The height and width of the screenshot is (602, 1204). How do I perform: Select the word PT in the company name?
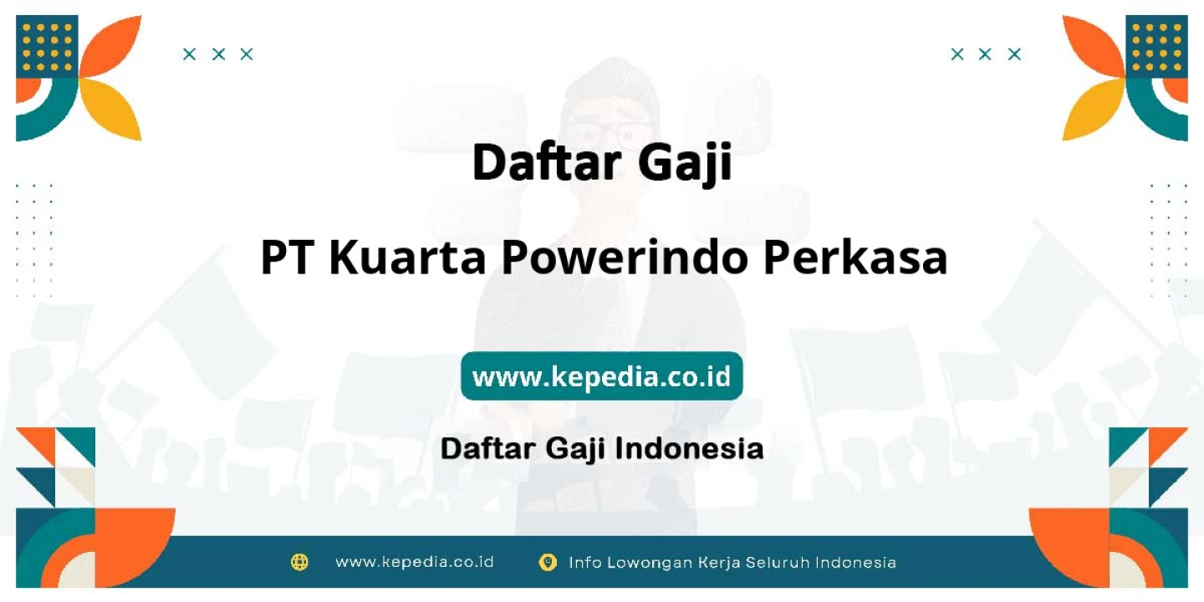tap(288, 258)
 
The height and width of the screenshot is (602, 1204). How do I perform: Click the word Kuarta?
tap(407, 258)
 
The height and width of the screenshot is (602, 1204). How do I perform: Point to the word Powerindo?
tap(625, 258)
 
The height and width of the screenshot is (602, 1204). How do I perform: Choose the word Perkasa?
tap(855, 258)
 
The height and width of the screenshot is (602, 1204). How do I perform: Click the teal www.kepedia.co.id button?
tap(601, 376)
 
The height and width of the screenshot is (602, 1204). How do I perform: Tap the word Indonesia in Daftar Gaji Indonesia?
tap(690, 448)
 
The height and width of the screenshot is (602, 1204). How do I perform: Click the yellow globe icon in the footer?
tap(299, 562)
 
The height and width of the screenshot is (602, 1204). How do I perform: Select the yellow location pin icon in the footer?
tap(548, 562)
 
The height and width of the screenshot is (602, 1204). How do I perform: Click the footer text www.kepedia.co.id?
tap(415, 562)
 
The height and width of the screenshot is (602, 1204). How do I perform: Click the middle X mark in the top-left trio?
tap(218, 54)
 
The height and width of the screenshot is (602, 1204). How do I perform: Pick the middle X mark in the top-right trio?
tap(985, 54)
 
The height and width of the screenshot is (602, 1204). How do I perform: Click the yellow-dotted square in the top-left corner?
tap(47, 47)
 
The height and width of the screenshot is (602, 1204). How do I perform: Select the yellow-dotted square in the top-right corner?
tap(1156, 47)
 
